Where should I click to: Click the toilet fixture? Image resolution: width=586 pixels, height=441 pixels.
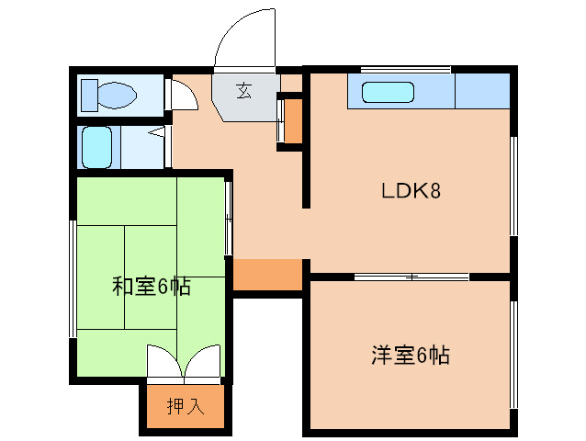(x=109, y=94)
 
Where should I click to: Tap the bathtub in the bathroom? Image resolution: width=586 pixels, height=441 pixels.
(x=97, y=148)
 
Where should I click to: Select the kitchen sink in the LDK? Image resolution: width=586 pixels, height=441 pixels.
(x=389, y=93)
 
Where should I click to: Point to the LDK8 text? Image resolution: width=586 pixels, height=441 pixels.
(x=412, y=191)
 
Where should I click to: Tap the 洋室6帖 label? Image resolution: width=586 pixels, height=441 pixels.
(x=411, y=355)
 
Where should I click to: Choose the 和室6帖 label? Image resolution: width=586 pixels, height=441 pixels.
(x=152, y=287)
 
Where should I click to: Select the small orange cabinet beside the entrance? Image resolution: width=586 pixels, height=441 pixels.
(x=293, y=119)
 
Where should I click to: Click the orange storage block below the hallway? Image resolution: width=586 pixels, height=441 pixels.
(x=267, y=275)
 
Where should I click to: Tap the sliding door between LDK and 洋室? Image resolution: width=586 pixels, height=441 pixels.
(x=411, y=276)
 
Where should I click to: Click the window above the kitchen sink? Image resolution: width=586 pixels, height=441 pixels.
(x=405, y=69)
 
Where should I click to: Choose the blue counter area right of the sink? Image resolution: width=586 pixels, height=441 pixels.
(x=482, y=92)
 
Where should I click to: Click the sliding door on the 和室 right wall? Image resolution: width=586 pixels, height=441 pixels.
(x=228, y=216)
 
